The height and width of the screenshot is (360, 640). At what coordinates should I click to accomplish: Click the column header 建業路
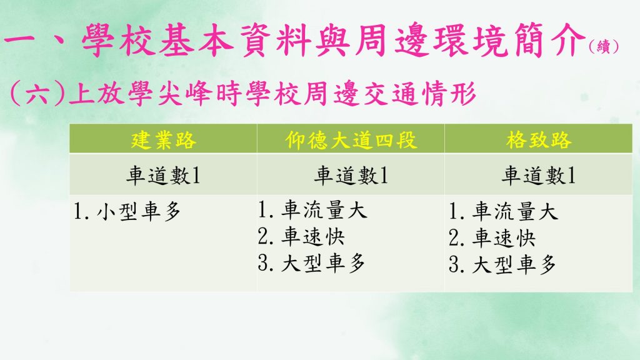click(x=163, y=140)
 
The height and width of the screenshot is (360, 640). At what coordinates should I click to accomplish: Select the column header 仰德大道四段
click(x=351, y=140)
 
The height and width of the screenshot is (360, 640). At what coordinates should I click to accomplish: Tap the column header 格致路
click(x=538, y=140)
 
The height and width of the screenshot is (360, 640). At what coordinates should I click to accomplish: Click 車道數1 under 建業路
click(x=163, y=176)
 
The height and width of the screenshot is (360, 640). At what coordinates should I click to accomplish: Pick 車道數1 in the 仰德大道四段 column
click(x=351, y=176)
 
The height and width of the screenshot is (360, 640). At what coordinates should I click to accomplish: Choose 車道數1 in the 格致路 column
click(x=538, y=176)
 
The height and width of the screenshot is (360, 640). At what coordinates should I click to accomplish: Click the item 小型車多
click(x=138, y=212)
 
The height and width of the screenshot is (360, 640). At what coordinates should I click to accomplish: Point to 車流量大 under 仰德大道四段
click(x=324, y=210)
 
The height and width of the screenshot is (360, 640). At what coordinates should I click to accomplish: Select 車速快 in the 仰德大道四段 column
click(x=313, y=237)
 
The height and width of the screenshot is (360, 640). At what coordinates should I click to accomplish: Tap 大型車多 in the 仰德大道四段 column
click(x=323, y=263)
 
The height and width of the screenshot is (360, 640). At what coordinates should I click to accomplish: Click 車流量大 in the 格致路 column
click(x=515, y=212)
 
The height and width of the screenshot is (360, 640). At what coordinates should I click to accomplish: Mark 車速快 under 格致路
click(x=504, y=238)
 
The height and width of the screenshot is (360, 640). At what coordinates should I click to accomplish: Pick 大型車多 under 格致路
click(x=514, y=265)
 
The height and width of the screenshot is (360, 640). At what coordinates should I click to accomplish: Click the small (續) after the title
click(x=604, y=46)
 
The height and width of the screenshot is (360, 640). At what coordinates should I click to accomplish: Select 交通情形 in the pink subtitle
click(x=420, y=94)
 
